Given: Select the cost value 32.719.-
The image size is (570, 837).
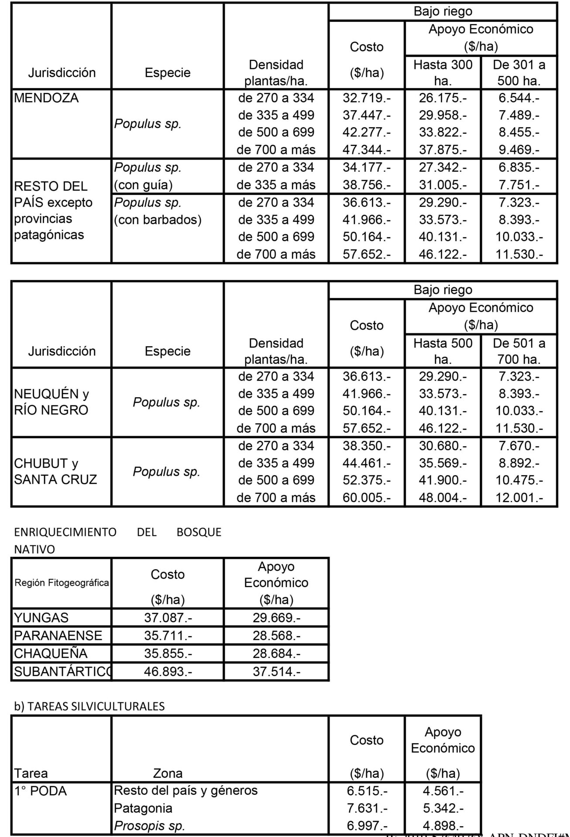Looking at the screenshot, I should [x=367, y=98].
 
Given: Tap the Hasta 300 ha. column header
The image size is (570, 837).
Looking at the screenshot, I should [x=443, y=72].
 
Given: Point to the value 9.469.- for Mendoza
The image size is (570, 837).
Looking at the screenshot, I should [x=519, y=150].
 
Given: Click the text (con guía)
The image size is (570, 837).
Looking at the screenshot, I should [x=144, y=185].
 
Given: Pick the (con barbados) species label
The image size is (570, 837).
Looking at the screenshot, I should [x=158, y=220].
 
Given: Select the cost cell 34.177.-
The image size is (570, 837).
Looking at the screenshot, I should [x=367, y=167].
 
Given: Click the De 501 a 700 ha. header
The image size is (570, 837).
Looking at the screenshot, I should [x=519, y=351].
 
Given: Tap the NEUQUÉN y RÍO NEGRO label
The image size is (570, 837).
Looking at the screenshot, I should [x=52, y=402].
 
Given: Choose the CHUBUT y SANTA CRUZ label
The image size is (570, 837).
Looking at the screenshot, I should [x=55, y=471].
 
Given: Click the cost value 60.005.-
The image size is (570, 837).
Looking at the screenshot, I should [x=367, y=497].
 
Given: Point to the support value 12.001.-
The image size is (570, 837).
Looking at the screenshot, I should [x=519, y=497].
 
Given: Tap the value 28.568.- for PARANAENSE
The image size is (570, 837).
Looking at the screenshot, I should [x=276, y=636].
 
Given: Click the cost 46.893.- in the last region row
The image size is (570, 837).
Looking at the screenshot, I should [x=168, y=672].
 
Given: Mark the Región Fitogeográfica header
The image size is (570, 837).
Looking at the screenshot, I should [x=62, y=583].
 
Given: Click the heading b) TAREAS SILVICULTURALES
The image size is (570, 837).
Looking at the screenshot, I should [x=89, y=707].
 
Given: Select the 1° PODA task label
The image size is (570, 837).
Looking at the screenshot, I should [x=40, y=790].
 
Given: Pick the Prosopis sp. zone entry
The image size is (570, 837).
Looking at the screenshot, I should [x=149, y=826].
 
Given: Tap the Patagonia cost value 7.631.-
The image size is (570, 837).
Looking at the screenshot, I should [x=367, y=808].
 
